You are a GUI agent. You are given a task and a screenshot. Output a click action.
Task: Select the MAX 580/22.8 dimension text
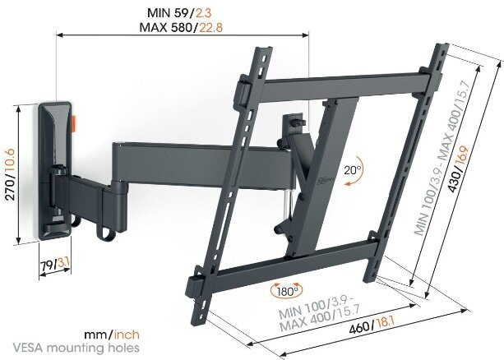[x=181, y=27]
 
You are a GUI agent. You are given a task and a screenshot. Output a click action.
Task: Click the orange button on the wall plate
[x=72, y=124]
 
